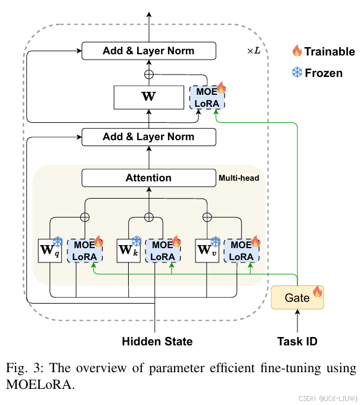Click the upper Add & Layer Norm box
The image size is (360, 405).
(x=148, y=51)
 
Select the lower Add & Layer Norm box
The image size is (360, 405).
(x=148, y=137)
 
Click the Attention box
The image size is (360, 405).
(x=148, y=178)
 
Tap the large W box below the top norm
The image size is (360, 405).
(x=148, y=96)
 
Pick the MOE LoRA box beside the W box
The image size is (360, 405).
(x=206, y=97)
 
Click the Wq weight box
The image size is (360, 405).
(x=49, y=251)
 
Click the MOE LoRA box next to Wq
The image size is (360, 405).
(x=85, y=251)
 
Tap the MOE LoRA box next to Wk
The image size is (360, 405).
(x=163, y=251)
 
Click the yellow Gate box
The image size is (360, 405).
(x=297, y=297)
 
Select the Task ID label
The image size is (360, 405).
(x=297, y=342)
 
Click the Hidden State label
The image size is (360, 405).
(x=157, y=342)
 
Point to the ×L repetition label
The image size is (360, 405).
(x=254, y=51)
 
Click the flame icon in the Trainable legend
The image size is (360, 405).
(x=296, y=51)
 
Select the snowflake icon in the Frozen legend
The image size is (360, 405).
(x=296, y=73)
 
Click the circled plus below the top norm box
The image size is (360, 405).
(x=148, y=73)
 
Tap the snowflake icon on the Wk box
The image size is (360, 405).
(x=136, y=241)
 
